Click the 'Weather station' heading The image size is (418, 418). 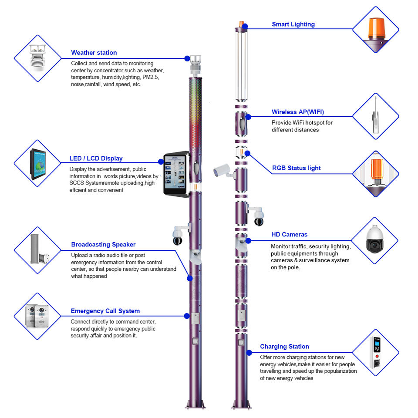tap(94, 53)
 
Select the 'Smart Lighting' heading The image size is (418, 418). tap(293, 24)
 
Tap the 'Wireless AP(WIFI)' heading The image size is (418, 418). tap(298, 112)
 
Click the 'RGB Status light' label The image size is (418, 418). tap(296, 168)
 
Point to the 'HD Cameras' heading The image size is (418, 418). tap(289, 235)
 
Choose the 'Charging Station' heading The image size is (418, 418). tap(284, 347)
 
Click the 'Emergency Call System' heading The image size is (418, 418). tap(105, 311)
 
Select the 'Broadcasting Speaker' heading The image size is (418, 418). tap(103, 244)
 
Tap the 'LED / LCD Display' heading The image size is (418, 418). tap(96, 158)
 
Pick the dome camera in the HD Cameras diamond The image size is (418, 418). tap(374, 241)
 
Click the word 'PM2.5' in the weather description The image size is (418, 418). tap(151, 77)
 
